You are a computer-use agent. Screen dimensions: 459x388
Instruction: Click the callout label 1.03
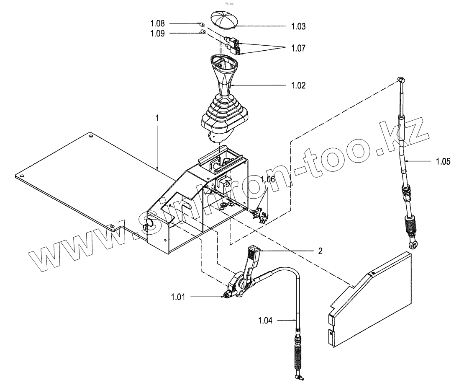[298, 26]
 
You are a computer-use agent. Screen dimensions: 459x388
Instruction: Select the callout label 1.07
[298, 49]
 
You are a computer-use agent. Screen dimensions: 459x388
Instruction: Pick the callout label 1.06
[268, 179]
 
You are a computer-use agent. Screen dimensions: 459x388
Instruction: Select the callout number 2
[320, 251]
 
